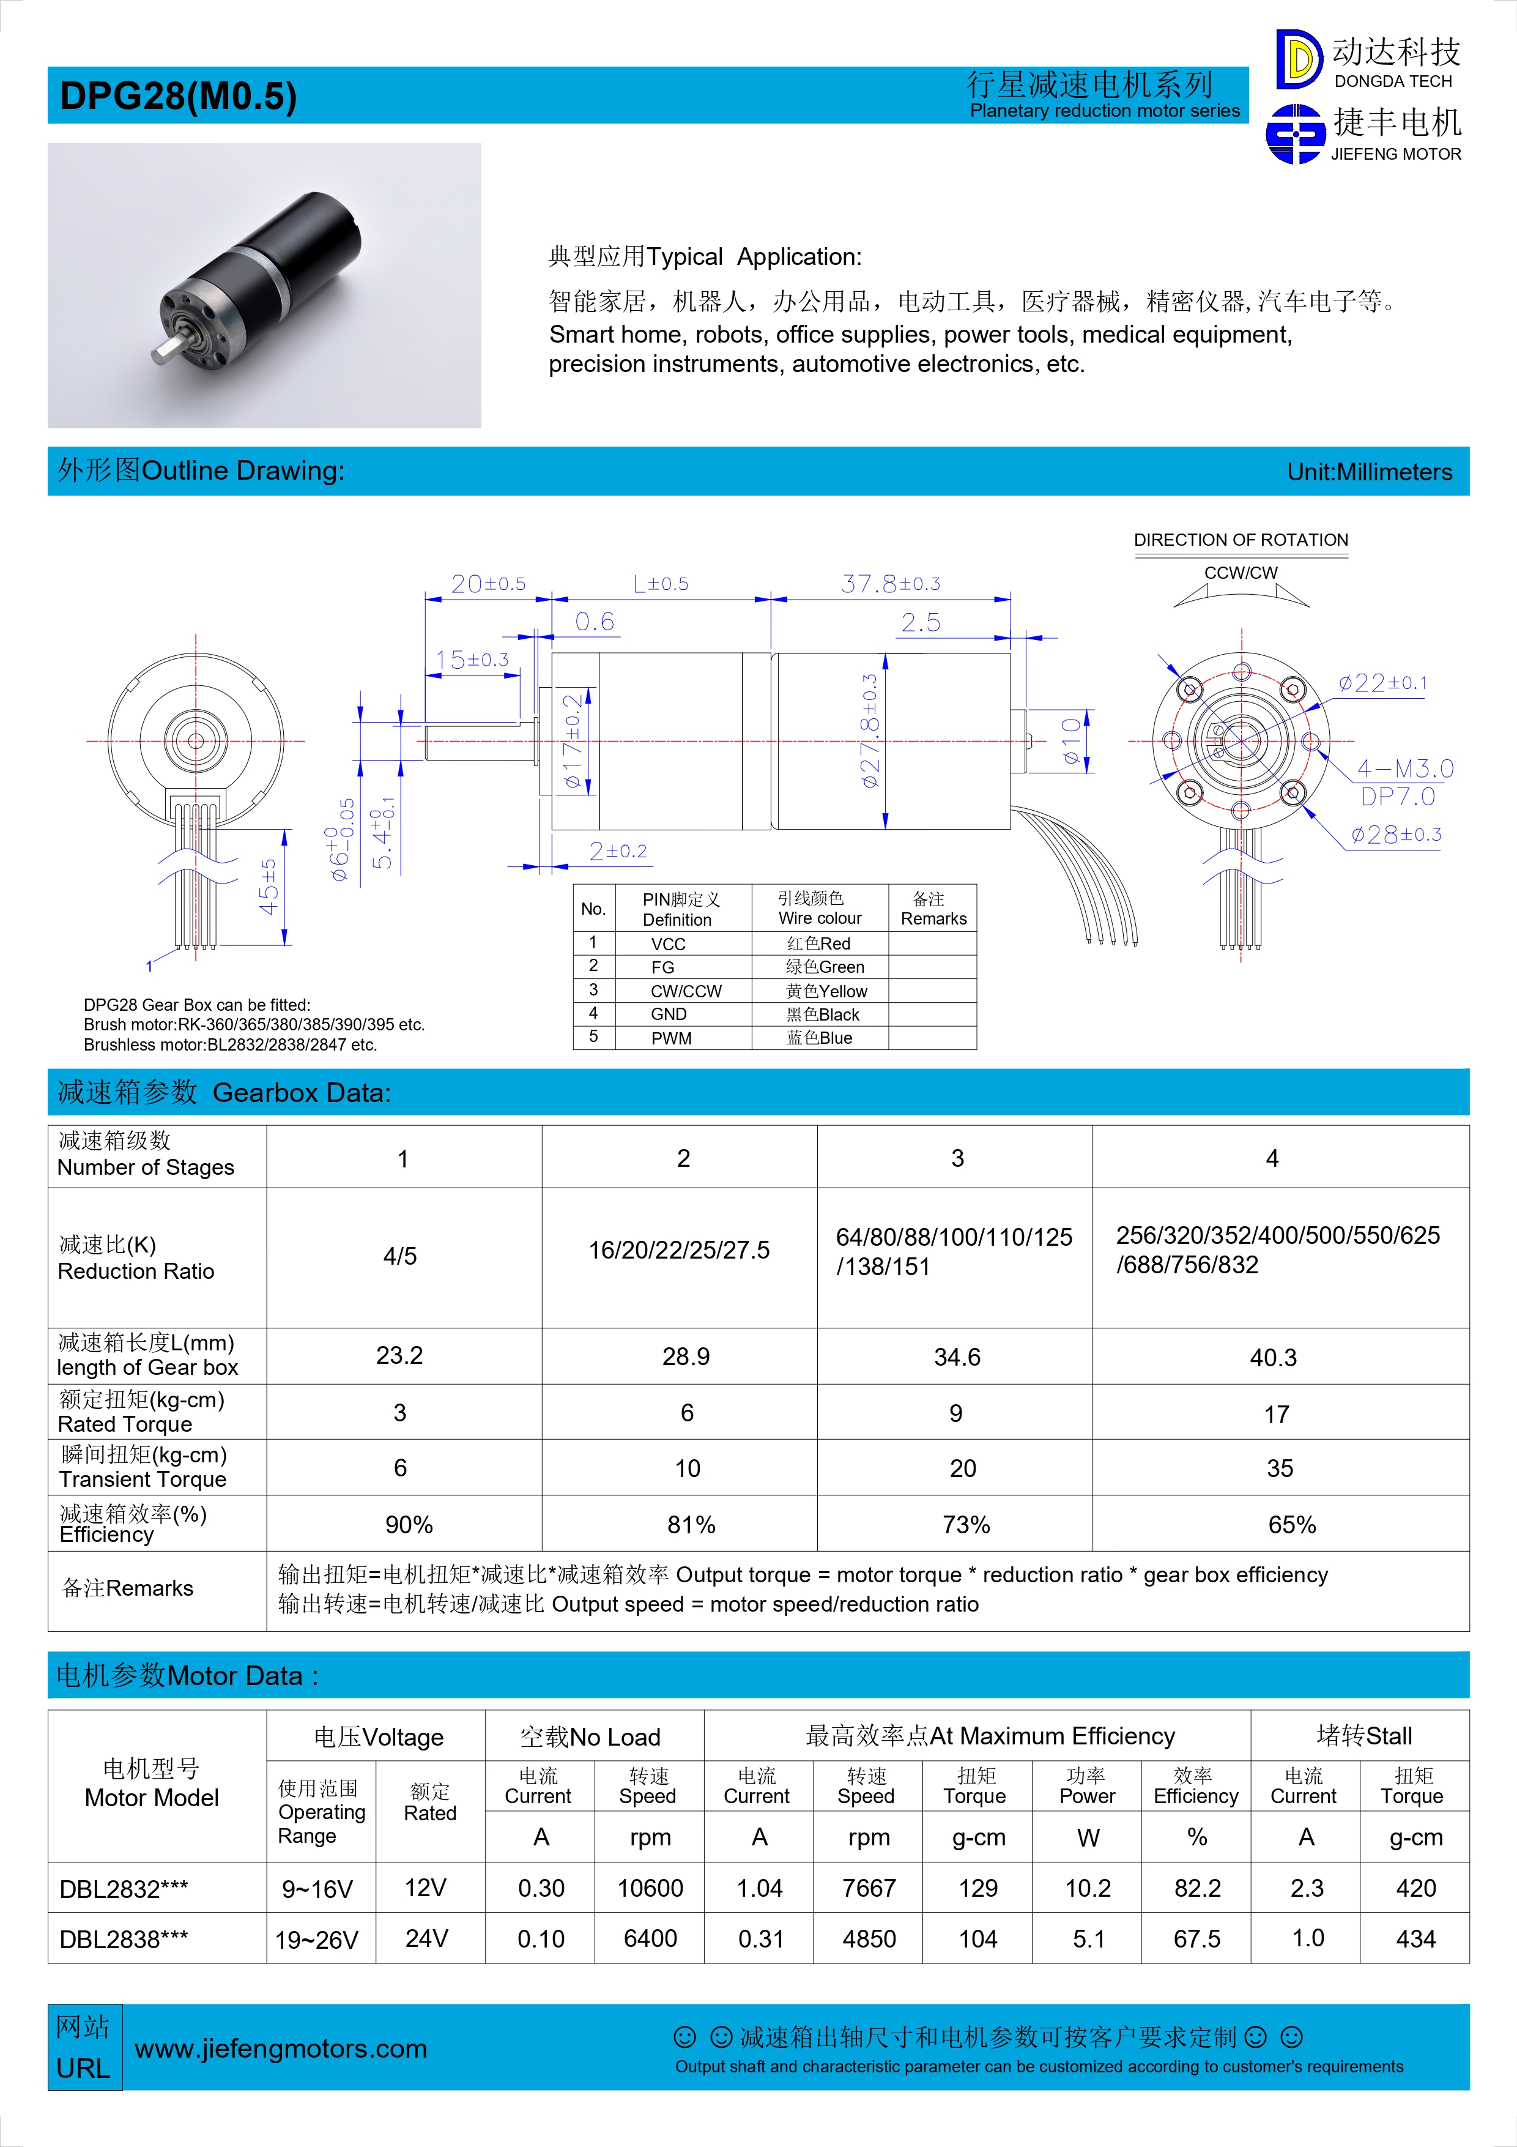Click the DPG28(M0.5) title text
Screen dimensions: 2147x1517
177,96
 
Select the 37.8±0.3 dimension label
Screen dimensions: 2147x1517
890,584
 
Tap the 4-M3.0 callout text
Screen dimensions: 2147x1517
1405,768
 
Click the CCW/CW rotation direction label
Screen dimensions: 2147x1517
1241,572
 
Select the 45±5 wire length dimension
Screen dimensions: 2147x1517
269,887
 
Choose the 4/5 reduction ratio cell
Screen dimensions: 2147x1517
400,1256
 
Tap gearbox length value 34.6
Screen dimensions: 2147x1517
957,1357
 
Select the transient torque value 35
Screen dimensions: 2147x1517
1280,1468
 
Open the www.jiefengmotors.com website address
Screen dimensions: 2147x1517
280,2049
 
